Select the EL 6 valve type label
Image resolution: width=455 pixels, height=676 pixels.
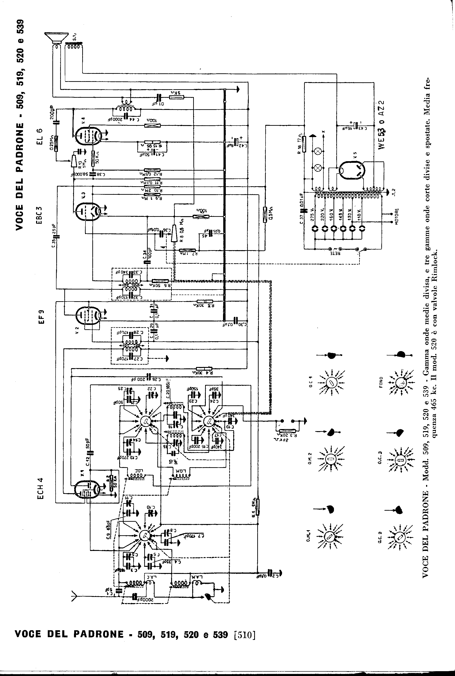(40, 136)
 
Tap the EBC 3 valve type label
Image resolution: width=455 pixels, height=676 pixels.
(40, 215)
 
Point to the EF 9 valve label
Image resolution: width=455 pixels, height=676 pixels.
(41, 317)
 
